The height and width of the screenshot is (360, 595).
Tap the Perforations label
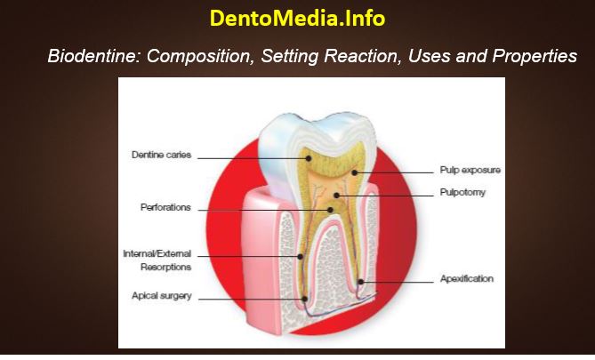[x=166, y=207]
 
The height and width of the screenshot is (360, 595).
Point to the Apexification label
[x=467, y=279]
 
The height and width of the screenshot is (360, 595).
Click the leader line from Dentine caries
[x=249, y=157]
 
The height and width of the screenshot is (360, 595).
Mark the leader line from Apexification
[x=400, y=282]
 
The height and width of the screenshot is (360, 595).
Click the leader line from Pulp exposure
[x=396, y=170]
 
